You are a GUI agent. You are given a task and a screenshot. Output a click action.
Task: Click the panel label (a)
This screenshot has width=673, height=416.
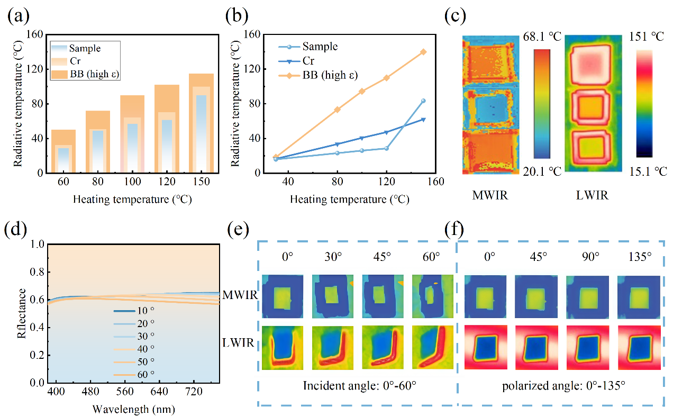[x=17, y=17]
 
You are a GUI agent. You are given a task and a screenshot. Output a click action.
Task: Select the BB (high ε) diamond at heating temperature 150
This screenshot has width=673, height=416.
[x=423, y=52]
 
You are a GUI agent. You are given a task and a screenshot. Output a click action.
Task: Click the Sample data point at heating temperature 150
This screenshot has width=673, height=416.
[x=423, y=101]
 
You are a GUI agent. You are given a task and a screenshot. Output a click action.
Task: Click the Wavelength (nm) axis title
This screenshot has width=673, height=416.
[x=133, y=409]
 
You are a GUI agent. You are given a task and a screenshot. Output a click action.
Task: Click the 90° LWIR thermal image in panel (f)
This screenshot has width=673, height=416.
[x=587, y=347]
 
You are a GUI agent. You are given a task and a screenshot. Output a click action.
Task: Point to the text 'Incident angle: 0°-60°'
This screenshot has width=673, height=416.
[x=359, y=385]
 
